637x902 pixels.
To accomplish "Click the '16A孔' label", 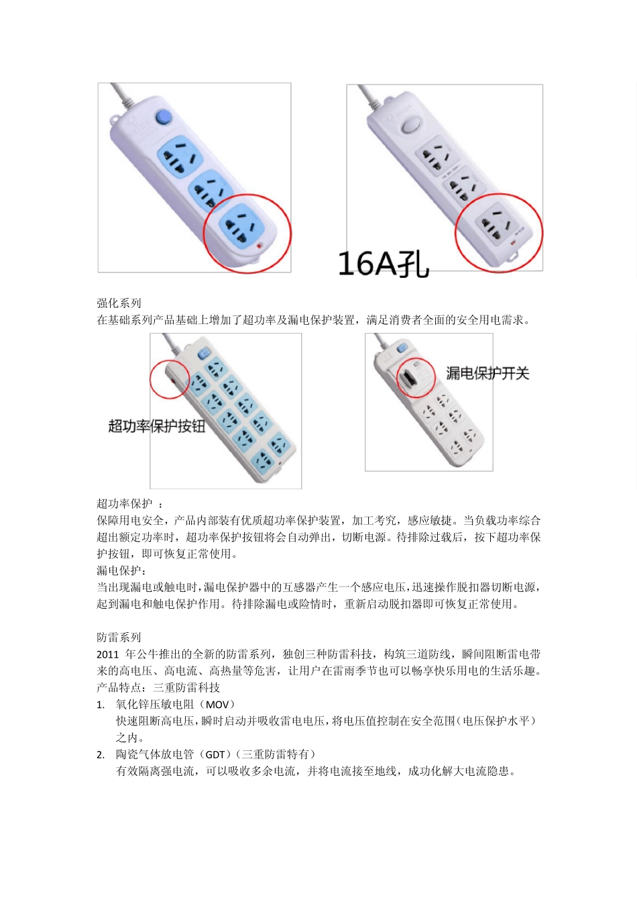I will pyautogui.click(x=383, y=264).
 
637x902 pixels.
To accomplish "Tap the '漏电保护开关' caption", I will pyautogui.click(x=487, y=373).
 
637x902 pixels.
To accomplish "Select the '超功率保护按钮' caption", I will pyautogui.click(x=156, y=426).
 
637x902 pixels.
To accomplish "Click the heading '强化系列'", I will pyautogui.click(x=119, y=303).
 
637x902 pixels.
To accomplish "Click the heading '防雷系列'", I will pyautogui.click(x=119, y=638).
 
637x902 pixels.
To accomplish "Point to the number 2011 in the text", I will pyautogui.click(x=107, y=654).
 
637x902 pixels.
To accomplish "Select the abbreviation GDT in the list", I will pyautogui.click(x=215, y=755).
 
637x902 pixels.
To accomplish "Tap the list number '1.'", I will pyautogui.click(x=101, y=705).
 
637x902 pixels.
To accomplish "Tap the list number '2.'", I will pyautogui.click(x=101, y=755).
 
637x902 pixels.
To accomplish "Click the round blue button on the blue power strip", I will pyautogui.click(x=163, y=118).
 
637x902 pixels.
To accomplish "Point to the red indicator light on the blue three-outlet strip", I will pyautogui.click(x=259, y=246).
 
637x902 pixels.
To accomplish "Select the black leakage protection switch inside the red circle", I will pyautogui.click(x=408, y=379).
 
